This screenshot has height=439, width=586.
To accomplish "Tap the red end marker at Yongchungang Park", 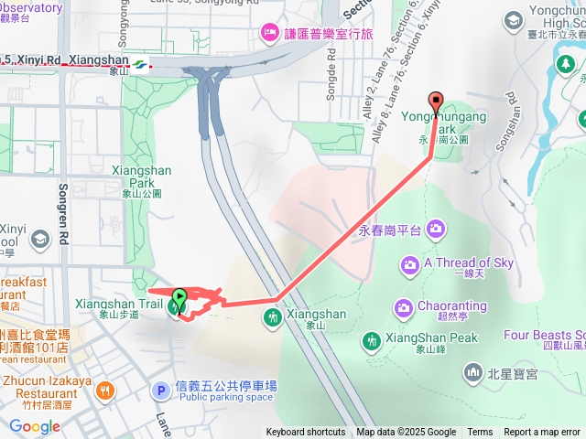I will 436,102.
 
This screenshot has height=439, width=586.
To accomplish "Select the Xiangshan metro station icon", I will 138,64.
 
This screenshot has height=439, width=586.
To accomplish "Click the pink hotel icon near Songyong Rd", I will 268,33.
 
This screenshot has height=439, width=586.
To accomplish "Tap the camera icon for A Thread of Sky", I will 410,265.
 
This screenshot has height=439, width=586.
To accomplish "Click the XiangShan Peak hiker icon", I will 370,340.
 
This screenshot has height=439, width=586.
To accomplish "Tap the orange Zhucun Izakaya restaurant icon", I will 106,391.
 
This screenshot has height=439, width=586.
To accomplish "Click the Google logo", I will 34,427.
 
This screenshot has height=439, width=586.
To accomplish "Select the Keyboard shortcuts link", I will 306,433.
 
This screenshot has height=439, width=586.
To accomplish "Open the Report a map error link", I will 541,433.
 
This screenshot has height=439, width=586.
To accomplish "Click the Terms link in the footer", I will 480,433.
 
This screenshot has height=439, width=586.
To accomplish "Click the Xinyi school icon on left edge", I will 39,240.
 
